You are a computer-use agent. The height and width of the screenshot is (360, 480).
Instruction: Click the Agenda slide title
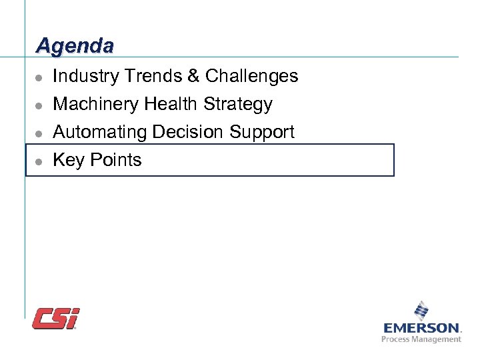tap(75, 45)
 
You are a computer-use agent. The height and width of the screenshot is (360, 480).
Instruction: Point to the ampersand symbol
tap(194, 76)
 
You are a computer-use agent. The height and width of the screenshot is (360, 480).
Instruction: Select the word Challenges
tap(251, 76)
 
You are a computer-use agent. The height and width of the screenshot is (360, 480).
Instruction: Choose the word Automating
tap(99, 132)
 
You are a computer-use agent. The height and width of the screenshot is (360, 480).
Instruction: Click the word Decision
tap(189, 132)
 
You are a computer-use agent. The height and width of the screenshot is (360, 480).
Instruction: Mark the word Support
tap(262, 133)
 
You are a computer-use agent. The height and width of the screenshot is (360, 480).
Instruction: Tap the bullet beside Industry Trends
tap(39, 77)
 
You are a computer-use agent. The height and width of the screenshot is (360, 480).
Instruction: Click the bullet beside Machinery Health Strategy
tap(39, 105)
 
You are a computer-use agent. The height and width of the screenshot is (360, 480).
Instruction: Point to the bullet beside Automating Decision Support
tap(39, 133)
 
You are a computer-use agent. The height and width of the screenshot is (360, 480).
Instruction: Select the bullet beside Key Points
tap(39, 161)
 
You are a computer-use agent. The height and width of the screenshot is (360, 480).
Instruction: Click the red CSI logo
tap(55, 318)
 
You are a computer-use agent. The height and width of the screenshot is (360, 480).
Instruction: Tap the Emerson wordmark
tap(421, 327)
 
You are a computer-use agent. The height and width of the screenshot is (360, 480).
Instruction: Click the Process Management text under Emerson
tap(421, 339)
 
